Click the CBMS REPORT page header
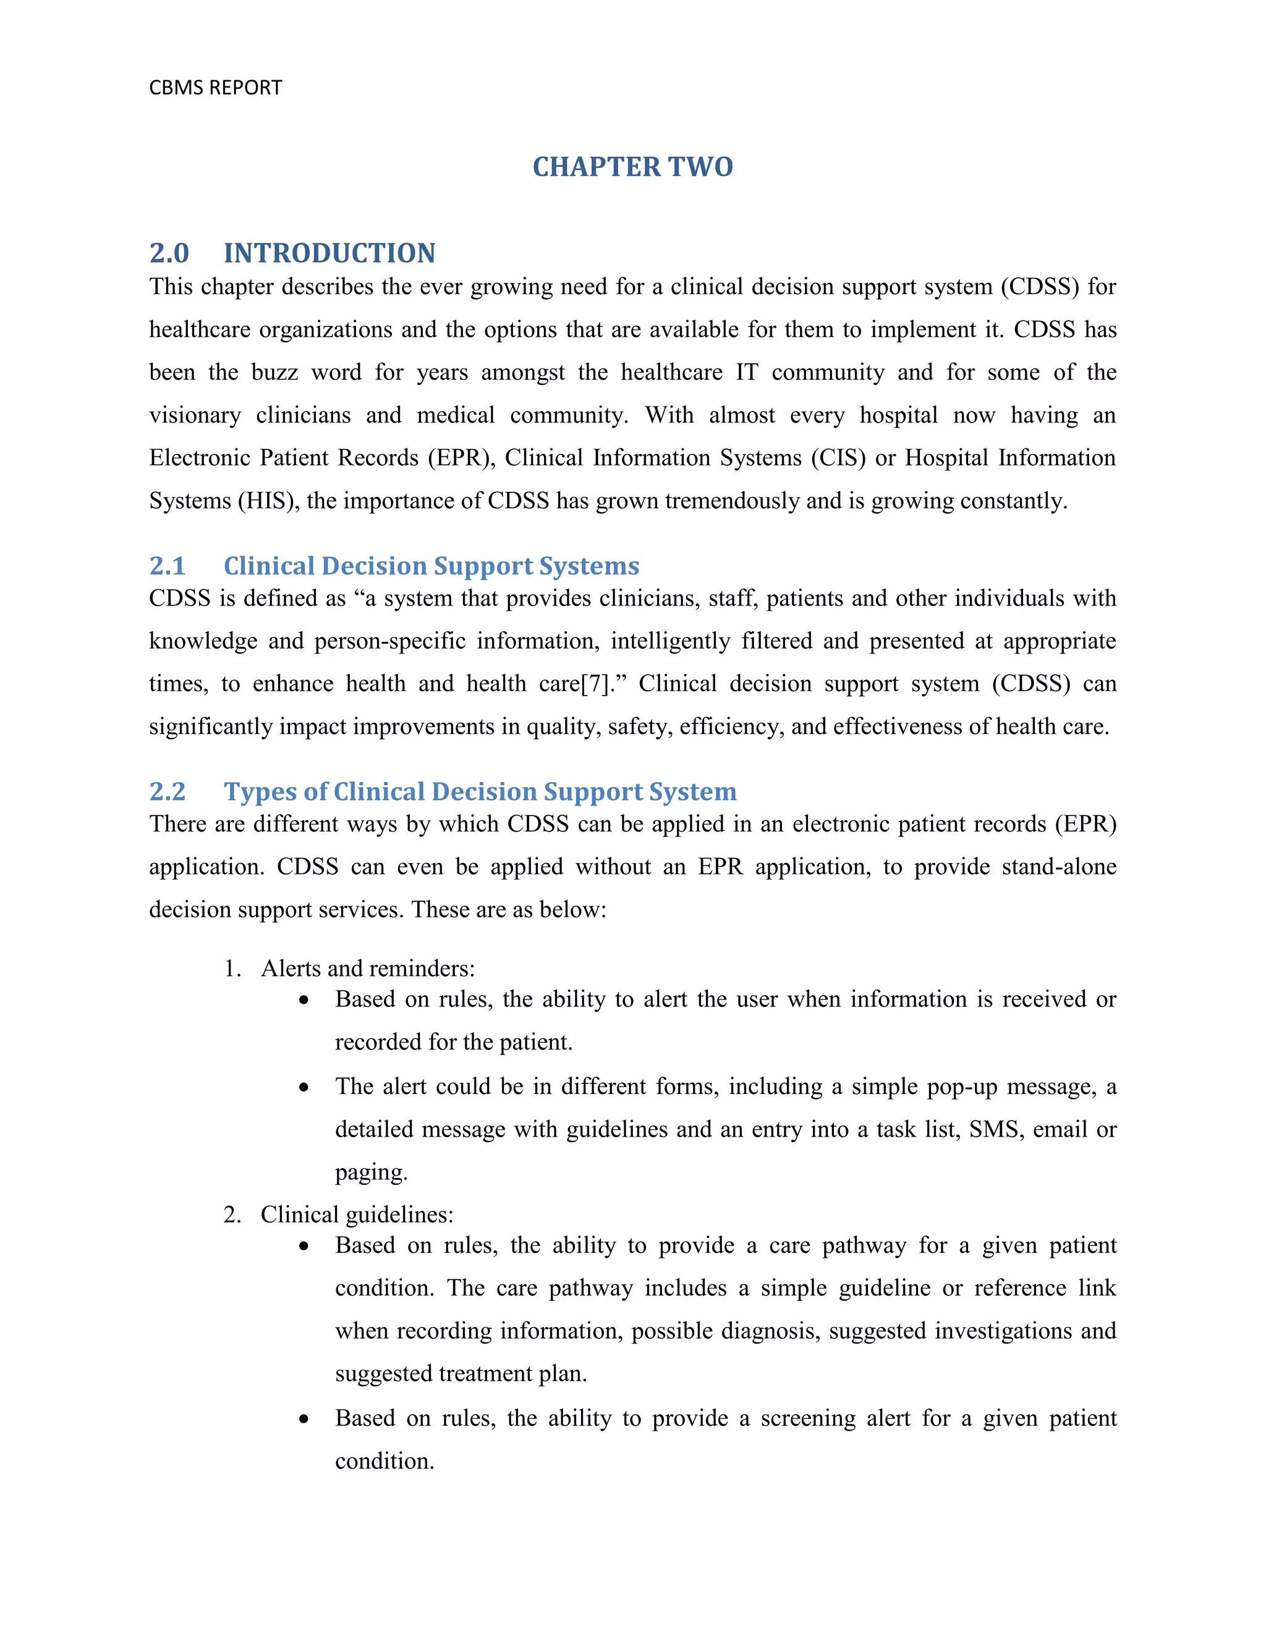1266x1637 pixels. coord(215,88)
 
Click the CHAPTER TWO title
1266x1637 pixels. coord(632,166)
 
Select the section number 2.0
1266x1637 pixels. coord(169,253)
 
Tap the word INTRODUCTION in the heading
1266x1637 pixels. coord(329,253)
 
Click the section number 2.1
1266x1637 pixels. coord(166,566)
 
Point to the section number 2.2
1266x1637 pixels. coord(166,791)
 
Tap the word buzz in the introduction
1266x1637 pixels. coord(274,372)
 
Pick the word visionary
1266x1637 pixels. coord(194,415)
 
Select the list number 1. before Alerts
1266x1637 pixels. coord(232,969)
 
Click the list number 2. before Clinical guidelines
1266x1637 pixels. coord(232,1214)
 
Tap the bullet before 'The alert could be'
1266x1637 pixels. coord(304,1087)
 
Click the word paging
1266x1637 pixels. coord(370,1172)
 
